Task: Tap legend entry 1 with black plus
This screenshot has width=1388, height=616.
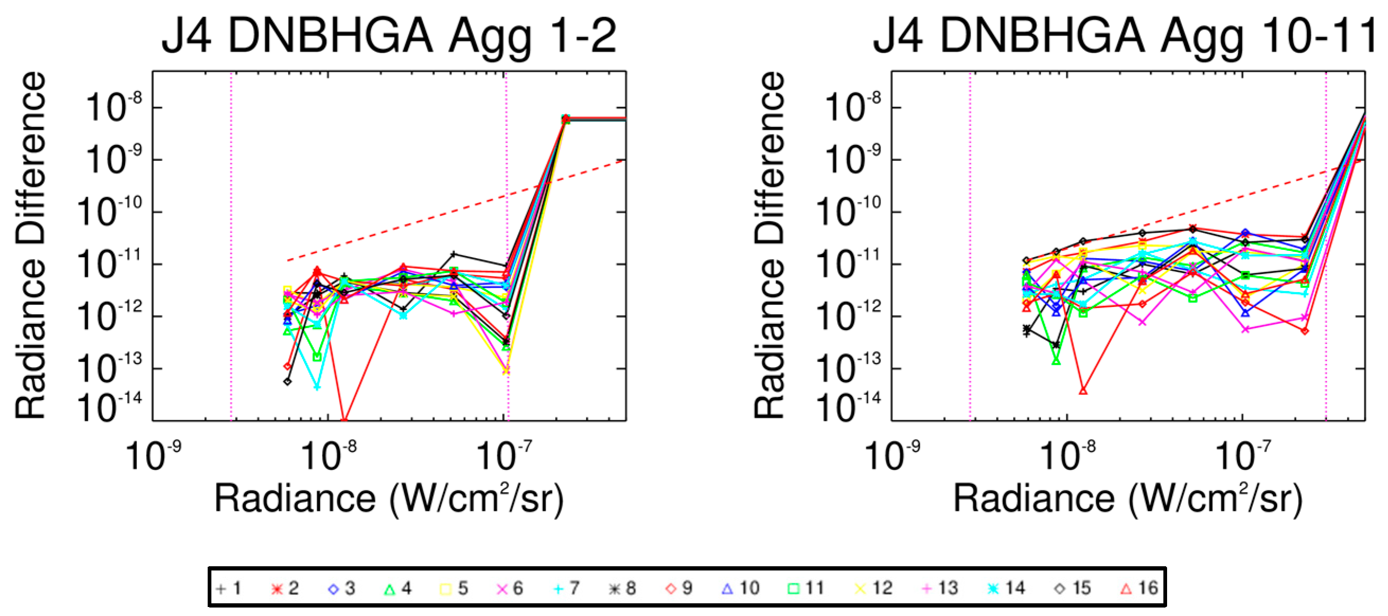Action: click(228, 588)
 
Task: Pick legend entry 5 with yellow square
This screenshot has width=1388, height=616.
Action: click(453, 588)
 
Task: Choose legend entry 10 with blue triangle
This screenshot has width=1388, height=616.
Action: click(741, 588)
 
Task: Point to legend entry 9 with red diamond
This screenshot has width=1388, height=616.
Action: click(679, 588)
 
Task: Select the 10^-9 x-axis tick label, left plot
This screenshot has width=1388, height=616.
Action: click(153, 456)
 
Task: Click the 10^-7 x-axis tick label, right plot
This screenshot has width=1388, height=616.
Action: click(1242, 456)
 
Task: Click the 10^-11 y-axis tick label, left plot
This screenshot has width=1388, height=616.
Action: click(111, 265)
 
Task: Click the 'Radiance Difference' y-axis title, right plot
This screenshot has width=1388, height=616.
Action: click(769, 245)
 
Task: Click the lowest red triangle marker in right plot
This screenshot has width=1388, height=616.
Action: click(1083, 391)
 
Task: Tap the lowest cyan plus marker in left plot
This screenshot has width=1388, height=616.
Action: click(317, 387)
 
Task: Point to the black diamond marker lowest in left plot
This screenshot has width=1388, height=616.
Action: click(288, 381)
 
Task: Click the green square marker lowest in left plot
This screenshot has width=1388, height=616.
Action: click(317, 357)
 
